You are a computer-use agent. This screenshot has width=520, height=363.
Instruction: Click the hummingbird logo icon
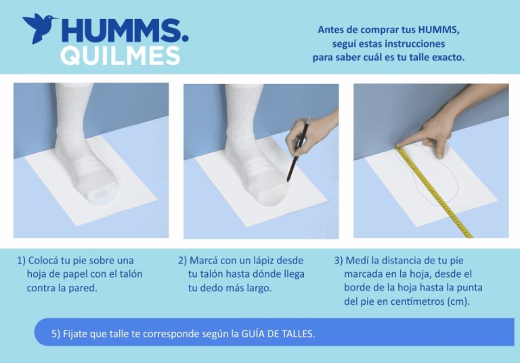pos(39,28)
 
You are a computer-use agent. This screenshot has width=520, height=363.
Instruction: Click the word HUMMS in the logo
pos(125,30)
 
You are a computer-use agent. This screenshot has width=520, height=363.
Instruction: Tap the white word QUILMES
pos(120,56)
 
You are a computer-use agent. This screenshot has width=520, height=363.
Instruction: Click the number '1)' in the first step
pos(21,261)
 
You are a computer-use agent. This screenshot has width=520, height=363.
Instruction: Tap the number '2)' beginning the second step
pos(182,261)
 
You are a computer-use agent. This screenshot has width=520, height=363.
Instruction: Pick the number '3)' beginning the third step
pos(339,261)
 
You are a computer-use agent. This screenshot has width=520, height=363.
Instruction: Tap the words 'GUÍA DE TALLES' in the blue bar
pos(278,333)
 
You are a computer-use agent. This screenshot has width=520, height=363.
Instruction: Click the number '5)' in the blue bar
pos(56,334)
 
